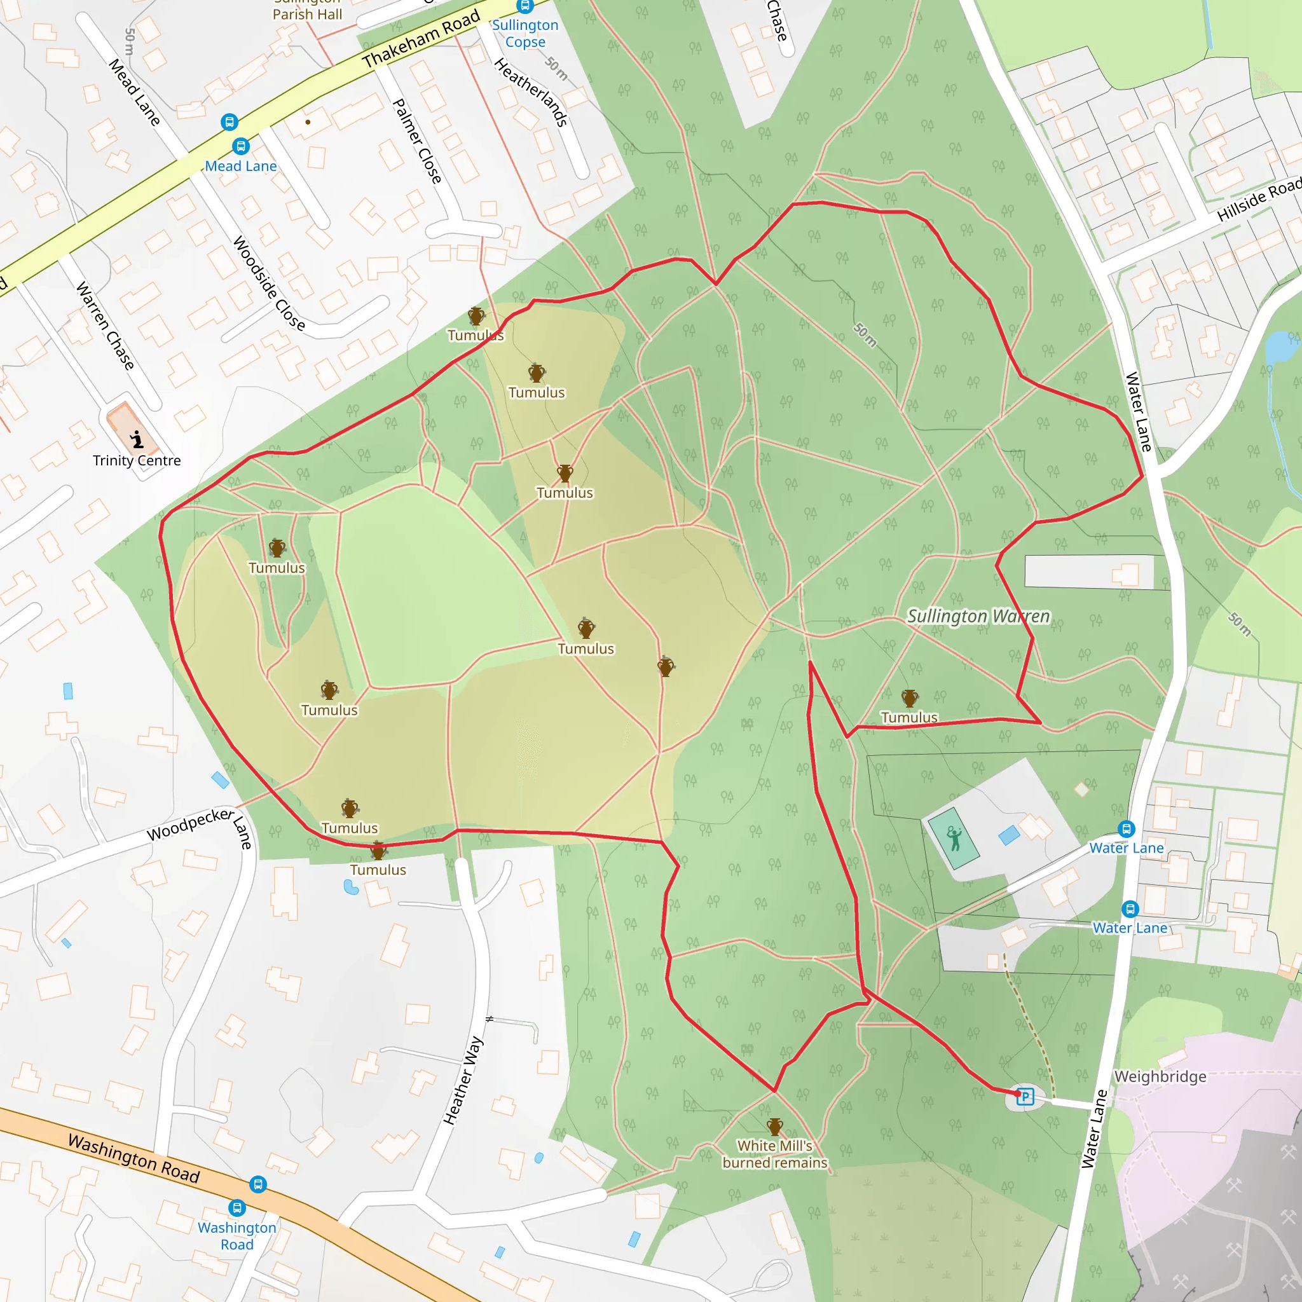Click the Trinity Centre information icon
pyautogui.click(x=137, y=439)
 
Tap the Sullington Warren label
pyautogui.click(x=978, y=616)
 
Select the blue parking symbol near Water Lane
pyautogui.click(x=1025, y=1097)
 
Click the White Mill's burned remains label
pyautogui.click(x=774, y=1154)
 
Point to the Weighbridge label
pyautogui.click(x=1160, y=1076)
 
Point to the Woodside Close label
pyautogui.click(x=268, y=283)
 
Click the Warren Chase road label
pyautogui.click(x=105, y=325)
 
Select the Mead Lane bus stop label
pyautogui.click(x=240, y=166)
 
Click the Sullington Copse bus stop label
pyautogui.click(x=525, y=33)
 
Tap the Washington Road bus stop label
pyautogui.click(x=236, y=1236)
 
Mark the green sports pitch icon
pyautogui.click(x=954, y=839)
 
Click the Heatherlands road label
pyautogui.click(x=531, y=92)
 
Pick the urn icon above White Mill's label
pyautogui.click(x=774, y=1126)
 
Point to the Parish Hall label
pyautogui.click(x=307, y=13)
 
